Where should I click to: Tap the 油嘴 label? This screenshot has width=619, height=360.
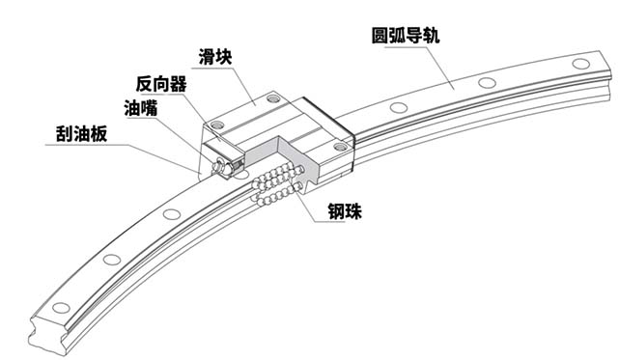pos(138,106)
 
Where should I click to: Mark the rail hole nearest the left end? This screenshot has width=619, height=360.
pos(61,308)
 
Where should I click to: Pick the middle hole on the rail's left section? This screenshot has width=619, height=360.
pos(113,259)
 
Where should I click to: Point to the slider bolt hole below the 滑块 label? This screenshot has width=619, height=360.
pos(274,97)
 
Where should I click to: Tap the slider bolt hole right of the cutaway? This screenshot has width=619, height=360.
pos(339,147)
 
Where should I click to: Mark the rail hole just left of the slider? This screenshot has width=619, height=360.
pos(171,213)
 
